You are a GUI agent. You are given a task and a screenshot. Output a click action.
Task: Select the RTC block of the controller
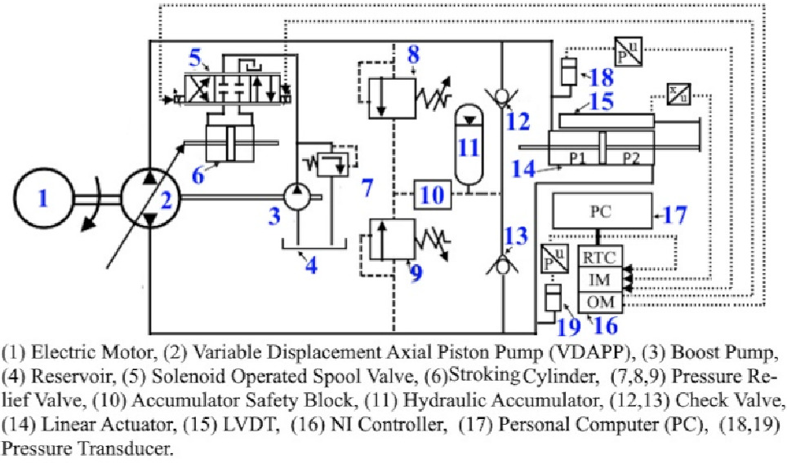(601, 258)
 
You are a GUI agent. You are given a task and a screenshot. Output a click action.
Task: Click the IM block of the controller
(601, 280)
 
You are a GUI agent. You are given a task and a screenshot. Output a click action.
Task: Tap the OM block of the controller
(601, 302)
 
